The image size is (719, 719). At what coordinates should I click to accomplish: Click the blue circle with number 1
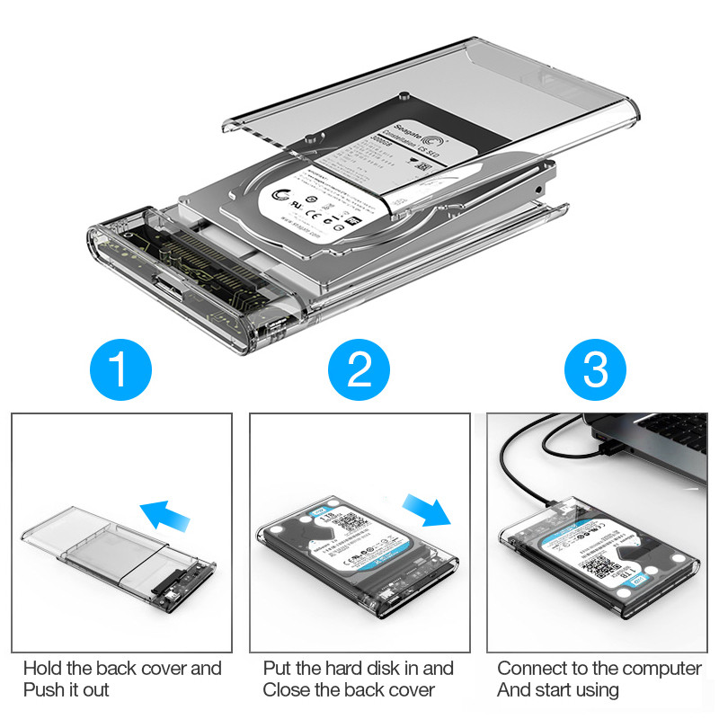tap(122, 369)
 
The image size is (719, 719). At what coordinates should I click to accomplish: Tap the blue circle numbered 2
tap(359, 369)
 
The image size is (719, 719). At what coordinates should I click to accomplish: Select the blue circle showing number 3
tap(595, 369)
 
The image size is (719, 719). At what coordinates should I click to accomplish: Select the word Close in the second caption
tap(288, 690)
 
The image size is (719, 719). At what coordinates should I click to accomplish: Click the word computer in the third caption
tap(665, 669)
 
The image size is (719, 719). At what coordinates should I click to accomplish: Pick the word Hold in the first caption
tap(42, 669)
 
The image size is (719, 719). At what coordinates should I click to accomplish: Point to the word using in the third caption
tap(594, 690)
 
